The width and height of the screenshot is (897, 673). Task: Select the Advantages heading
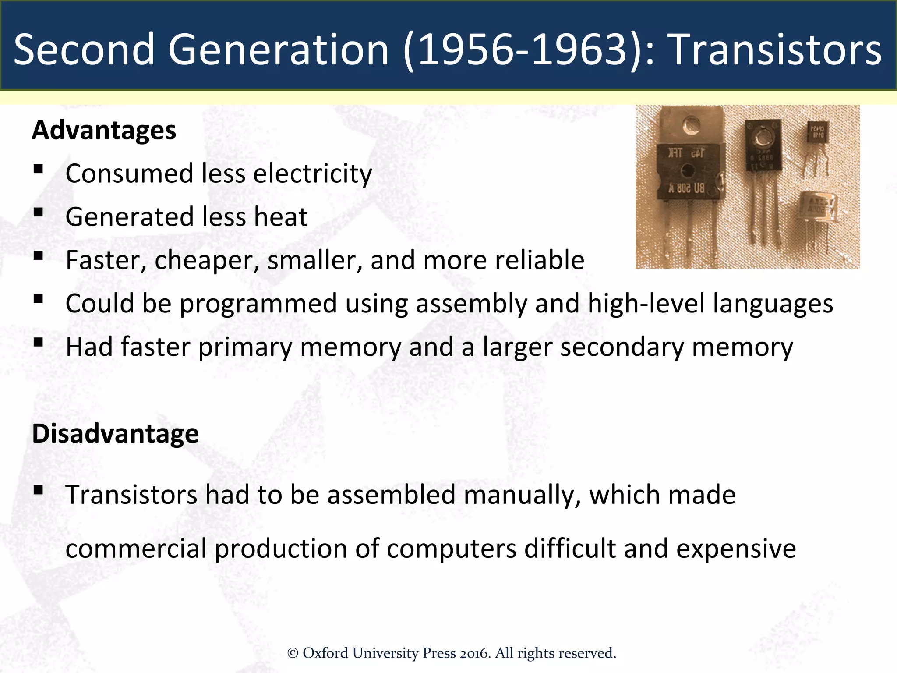click(104, 130)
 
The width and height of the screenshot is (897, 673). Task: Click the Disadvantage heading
click(115, 433)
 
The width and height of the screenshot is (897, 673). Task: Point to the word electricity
click(313, 174)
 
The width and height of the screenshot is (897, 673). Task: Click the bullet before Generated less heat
click(38, 213)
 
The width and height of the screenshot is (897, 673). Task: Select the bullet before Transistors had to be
click(38, 490)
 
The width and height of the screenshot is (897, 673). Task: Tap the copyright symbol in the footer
click(293, 653)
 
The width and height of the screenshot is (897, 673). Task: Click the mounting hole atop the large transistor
click(691, 125)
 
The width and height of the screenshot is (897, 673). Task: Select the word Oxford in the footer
click(326, 653)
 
